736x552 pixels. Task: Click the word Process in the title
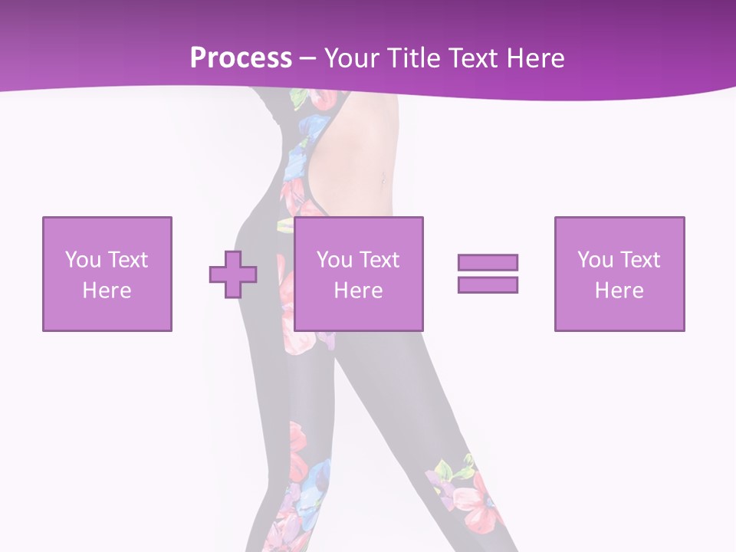click(241, 58)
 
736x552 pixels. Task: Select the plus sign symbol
click(233, 274)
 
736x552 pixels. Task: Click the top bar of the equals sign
click(488, 262)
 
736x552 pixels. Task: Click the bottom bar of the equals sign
click(488, 284)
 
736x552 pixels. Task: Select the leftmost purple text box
click(107, 274)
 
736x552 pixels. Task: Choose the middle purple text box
click(359, 274)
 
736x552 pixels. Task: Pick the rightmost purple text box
click(619, 274)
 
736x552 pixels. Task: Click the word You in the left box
click(83, 260)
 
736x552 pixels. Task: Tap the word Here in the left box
click(107, 291)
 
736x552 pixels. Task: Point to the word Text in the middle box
click(379, 260)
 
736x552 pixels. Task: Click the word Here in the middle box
click(359, 291)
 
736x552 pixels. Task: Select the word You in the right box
click(595, 260)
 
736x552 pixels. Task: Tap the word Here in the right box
click(619, 291)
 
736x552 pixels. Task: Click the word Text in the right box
click(639, 260)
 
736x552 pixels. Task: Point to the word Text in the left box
click(127, 260)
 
